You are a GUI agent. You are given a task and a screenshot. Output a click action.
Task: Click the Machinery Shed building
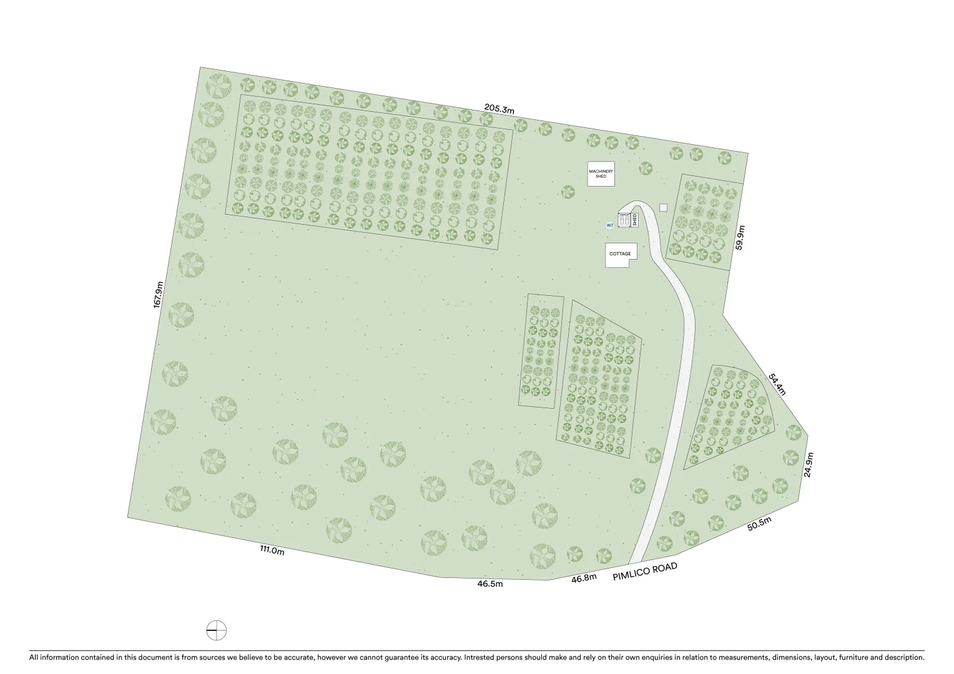(x=601, y=174)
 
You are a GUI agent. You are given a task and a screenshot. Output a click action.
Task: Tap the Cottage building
(x=621, y=255)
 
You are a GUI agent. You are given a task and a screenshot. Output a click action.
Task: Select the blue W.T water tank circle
(x=610, y=225)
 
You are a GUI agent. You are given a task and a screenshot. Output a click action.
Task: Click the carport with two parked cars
(x=624, y=220)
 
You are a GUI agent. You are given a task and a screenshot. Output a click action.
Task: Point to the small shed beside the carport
(x=634, y=219)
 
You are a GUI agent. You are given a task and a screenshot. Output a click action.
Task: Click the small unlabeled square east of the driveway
(x=663, y=207)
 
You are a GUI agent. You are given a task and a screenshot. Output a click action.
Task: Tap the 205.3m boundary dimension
(x=499, y=109)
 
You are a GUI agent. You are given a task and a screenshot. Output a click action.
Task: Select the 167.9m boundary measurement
(x=159, y=294)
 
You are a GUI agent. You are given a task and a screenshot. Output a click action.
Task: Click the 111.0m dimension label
(x=272, y=550)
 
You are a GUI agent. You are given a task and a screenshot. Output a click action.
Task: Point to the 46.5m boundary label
(x=490, y=584)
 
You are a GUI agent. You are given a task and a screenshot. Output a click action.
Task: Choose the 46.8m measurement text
(x=584, y=579)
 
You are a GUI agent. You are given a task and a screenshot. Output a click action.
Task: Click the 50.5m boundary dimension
(x=759, y=524)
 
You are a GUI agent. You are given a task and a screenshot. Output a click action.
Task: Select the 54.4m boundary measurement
(x=777, y=384)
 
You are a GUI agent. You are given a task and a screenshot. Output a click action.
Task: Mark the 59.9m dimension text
(x=740, y=238)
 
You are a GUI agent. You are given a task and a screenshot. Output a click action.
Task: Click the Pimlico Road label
(x=644, y=571)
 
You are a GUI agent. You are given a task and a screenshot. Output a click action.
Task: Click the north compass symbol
(x=217, y=630)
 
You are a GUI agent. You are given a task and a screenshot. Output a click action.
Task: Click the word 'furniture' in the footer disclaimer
(x=855, y=657)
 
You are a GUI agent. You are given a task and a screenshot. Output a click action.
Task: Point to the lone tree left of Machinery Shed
(x=568, y=192)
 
